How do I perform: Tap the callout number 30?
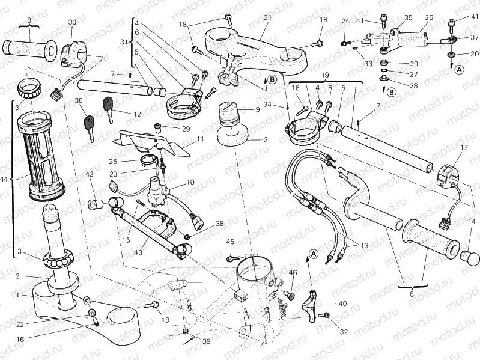click(x=73, y=22)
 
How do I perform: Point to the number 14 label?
click(x=471, y=221)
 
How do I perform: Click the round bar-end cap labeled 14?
click(x=470, y=258)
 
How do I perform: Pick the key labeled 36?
click(x=87, y=126)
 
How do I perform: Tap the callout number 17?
click(x=463, y=147)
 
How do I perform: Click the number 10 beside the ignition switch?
click(x=190, y=182)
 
